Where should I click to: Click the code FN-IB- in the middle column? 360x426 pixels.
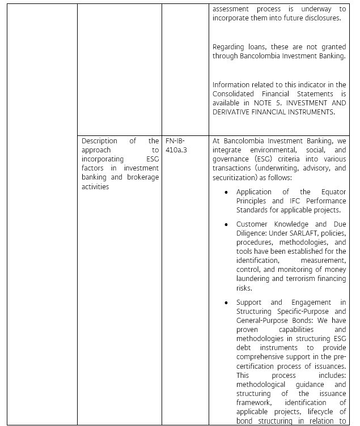click(x=175, y=140)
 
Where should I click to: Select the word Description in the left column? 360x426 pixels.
click(x=99, y=140)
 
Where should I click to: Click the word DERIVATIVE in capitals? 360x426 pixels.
click(x=239, y=112)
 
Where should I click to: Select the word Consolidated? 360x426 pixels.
click(x=236, y=93)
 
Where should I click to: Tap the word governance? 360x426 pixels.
click(x=232, y=159)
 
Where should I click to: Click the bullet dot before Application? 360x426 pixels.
click(x=226, y=193)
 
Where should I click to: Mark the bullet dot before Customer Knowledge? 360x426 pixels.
click(x=226, y=225)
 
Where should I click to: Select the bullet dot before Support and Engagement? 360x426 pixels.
click(x=226, y=303)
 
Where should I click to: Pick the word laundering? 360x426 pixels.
click(x=253, y=279)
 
